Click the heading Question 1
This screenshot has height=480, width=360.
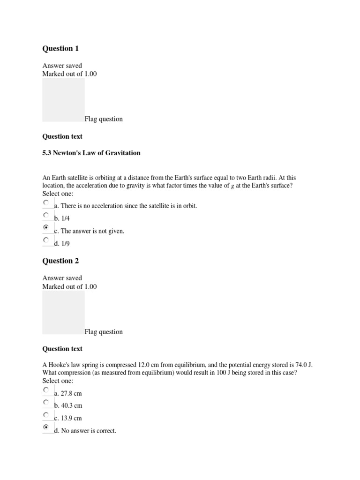tap(58, 48)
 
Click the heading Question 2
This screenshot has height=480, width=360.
tap(58, 261)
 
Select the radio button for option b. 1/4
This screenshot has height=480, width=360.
tap(45, 215)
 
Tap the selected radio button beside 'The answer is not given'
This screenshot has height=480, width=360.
tap(45, 227)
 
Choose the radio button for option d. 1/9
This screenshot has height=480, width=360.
tap(45, 240)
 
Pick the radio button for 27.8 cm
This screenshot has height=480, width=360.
tap(45, 390)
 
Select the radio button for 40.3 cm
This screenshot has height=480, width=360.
tap(45, 402)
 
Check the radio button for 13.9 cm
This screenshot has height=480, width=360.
tap(45, 415)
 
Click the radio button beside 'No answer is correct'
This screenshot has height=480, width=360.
tap(45, 427)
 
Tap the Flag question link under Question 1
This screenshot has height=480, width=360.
tap(104, 119)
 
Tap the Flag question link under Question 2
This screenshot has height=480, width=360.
tap(104, 332)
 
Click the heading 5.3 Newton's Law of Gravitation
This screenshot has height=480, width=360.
tap(91, 153)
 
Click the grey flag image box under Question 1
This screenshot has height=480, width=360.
tap(63, 99)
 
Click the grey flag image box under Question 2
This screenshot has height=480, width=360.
tap(63, 312)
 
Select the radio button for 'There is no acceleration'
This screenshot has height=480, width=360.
tap(45, 202)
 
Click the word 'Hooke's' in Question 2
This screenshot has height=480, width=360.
tap(59, 364)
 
